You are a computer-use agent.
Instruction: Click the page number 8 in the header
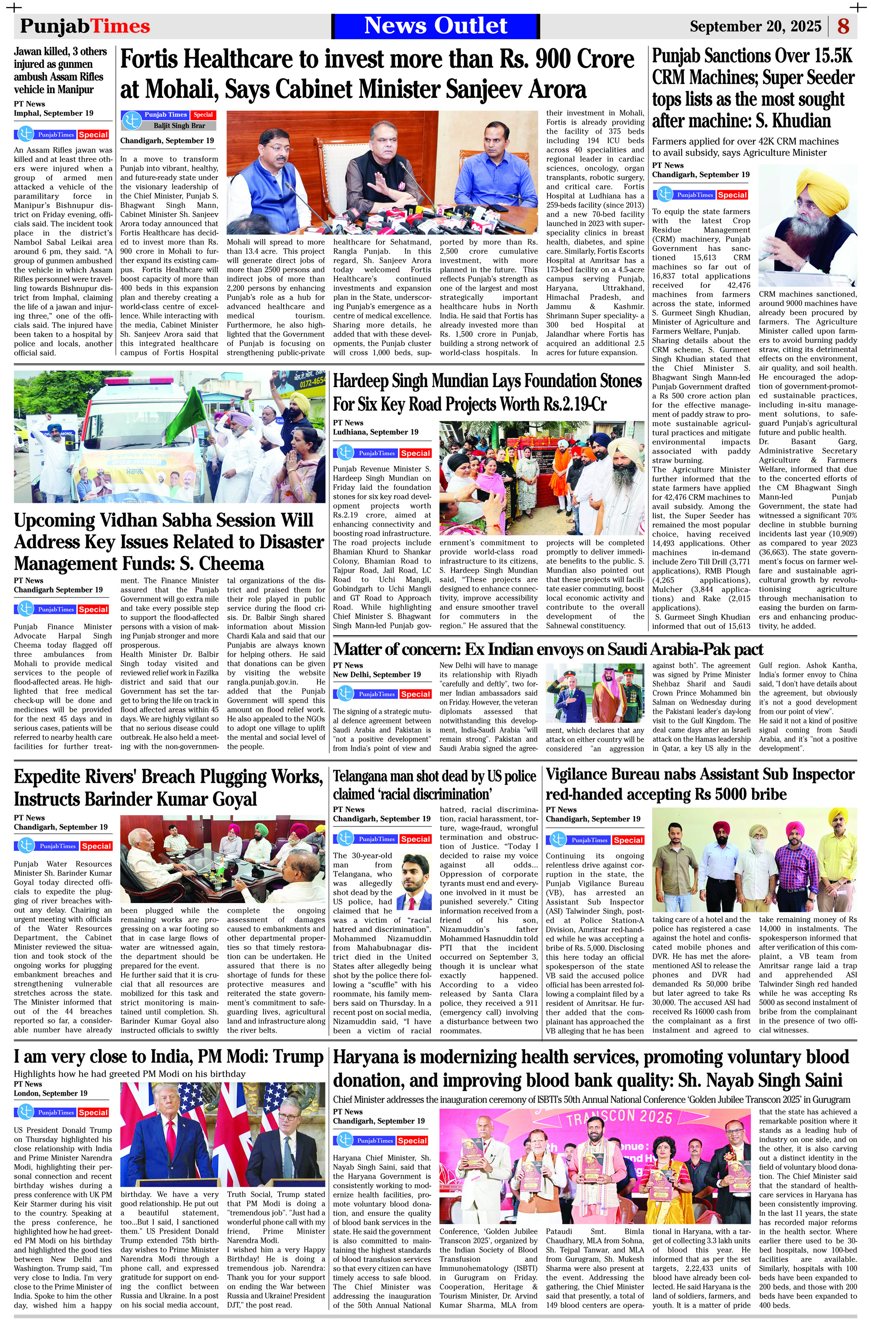click(843, 26)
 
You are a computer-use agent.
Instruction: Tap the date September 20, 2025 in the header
click(755, 26)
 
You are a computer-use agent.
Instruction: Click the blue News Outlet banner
click(435, 26)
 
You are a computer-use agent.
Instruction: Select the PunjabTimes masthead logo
click(85, 26)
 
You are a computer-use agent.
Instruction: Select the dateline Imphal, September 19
click(54, 113)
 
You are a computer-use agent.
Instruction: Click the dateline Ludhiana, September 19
click(375, 432)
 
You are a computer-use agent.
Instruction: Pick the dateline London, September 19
click(51, 1093)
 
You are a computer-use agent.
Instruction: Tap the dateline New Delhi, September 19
click(377, 674)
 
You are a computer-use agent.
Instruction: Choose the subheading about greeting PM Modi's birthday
click(129, 1074)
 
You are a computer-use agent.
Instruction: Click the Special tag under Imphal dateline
click(93, 135)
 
